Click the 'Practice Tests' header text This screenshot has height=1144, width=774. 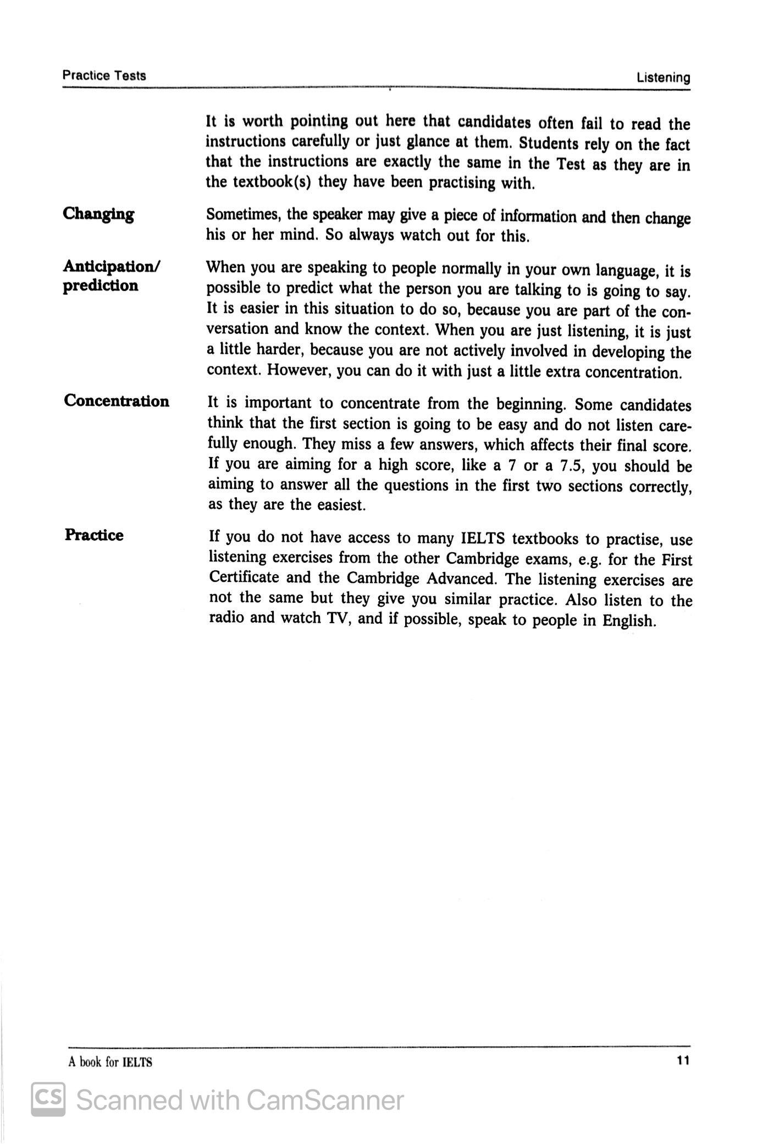click(104, 75)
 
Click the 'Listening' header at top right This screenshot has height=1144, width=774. click(663, 78)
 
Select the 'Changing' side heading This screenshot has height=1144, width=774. click(98, 213)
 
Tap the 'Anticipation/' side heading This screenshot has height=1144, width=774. click(112, 266)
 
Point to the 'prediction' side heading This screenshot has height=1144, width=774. click(101, 285)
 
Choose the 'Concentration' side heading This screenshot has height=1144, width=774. click(117, 401)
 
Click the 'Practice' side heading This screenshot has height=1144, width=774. click(94, 535)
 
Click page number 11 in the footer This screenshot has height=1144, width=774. click(683, 1060)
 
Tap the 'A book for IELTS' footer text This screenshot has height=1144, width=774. click(110, 1062)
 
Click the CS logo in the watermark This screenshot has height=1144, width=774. click(48, 1099)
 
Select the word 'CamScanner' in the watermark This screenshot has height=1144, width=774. click(324, 1100)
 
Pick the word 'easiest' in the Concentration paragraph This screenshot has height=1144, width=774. click(341, 505)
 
